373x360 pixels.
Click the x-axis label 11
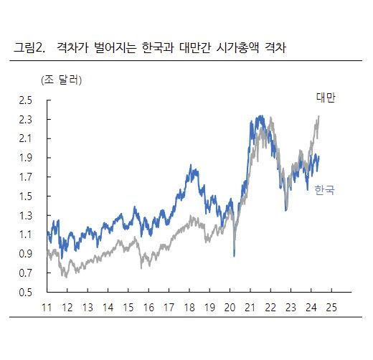tap(47, 307)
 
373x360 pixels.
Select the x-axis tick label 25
tap(331, 307)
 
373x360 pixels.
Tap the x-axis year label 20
tap(230, 307)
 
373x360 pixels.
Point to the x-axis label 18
tap(189, 307)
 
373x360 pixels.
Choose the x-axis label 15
tap(128, 307)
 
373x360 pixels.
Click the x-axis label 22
tap(270, 307)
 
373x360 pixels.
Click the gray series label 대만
tap(326, 98)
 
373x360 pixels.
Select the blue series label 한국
tap(325, 190)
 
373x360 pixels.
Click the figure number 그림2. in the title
tap(29, 49)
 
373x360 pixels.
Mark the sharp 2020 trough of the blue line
tap(234, 255)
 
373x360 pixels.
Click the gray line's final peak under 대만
tap(318, 117)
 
